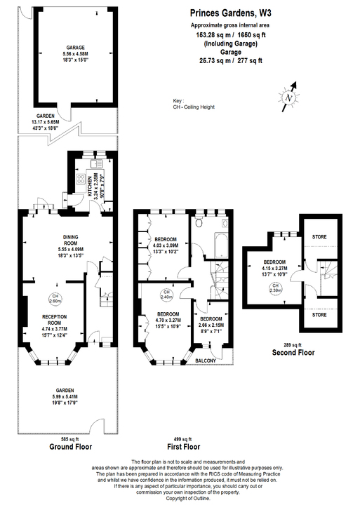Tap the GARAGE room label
click(x=70, y=48)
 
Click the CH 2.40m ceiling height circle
click(x=166, y=294)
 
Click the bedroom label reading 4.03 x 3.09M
click(x=166, y=239)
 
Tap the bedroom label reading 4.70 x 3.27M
click(x=169, y=314)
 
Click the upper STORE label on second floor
click(x=319, y=237)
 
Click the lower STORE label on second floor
click(x=319, y=316)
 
